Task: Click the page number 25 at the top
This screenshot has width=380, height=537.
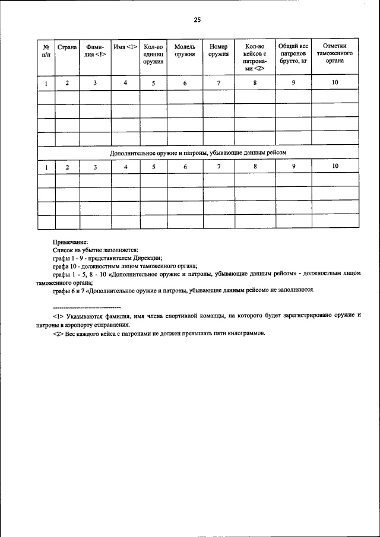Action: coord(197,20)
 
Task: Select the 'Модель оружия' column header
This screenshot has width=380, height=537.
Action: coord(185,50)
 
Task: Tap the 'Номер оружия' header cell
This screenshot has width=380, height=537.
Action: coord(218,50)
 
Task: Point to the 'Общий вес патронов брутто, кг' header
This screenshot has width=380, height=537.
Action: coord(293,53)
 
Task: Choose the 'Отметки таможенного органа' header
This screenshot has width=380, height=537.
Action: coord(335,53)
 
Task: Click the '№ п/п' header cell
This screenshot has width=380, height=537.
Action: coord(46,50)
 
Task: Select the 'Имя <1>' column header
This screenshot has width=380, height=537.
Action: coord(125,46)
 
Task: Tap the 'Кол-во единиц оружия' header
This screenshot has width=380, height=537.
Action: coord(153,53)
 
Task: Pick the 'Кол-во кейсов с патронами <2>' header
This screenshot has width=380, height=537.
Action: coord(255,57)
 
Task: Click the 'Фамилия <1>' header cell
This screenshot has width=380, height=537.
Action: coord(95,50)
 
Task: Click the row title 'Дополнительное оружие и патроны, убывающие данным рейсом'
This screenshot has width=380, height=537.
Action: coord(198,152)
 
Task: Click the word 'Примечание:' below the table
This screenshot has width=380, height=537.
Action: coord(70,242)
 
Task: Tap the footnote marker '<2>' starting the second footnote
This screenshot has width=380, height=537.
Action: coord(58,333)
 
